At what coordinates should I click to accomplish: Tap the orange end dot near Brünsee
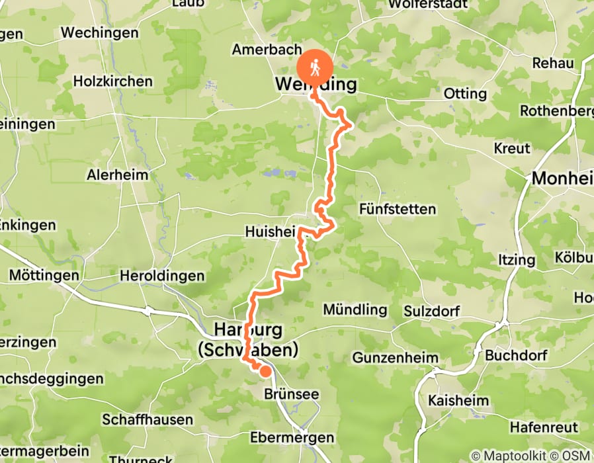click(x=265, y=371)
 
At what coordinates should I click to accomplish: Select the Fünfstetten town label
click(x=398, y=210)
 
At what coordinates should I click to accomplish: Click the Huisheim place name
click(x=271, y=232)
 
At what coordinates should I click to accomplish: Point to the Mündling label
click(x=355, y=310)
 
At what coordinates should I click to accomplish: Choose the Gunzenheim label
click(x=396, y=358)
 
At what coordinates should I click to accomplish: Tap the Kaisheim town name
click(x=458, y=401)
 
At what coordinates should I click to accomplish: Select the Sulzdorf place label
click(x=431, y=310)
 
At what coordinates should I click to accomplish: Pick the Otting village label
click(x=465, y=93)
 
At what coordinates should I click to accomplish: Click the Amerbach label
click(x=257, y=50)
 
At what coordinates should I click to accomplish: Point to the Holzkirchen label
click(x=113, y=81)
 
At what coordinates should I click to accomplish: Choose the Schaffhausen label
click(x=148, y=419)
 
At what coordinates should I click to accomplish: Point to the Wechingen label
click(x=100, y=32)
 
